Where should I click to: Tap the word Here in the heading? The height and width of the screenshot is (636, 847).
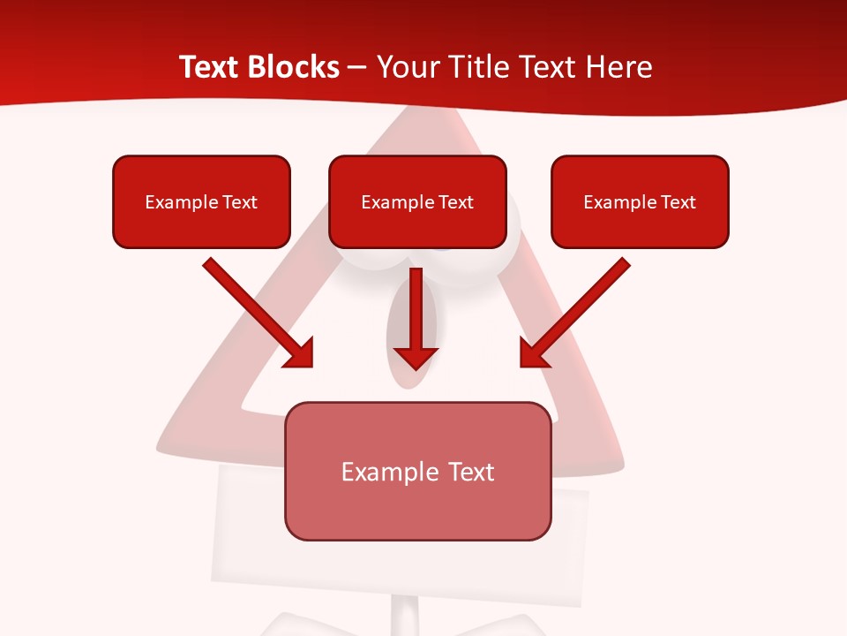coord(619,67)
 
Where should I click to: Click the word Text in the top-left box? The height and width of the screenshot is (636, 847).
coord(240,202)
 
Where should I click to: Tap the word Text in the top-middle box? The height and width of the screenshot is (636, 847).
coord(456,202)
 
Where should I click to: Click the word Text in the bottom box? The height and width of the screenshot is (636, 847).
coord(470,472)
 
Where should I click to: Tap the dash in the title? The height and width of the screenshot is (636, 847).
coord(357,68)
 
